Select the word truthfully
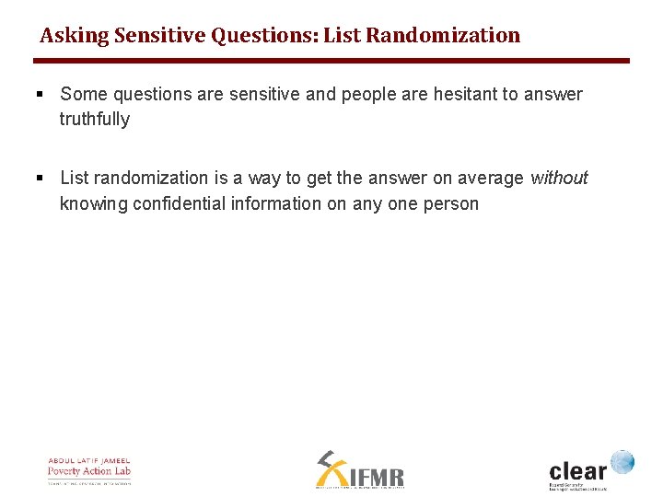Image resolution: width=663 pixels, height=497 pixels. click(95, 119)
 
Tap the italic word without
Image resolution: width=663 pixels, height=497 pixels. click(558, 178)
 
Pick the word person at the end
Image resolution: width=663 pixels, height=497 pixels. click(450, 203)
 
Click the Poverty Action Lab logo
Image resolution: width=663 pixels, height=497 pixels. click(89, 470)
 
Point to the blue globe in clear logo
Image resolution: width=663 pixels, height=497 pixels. click(622, 462)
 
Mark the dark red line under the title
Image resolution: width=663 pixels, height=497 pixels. click(331, 61)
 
